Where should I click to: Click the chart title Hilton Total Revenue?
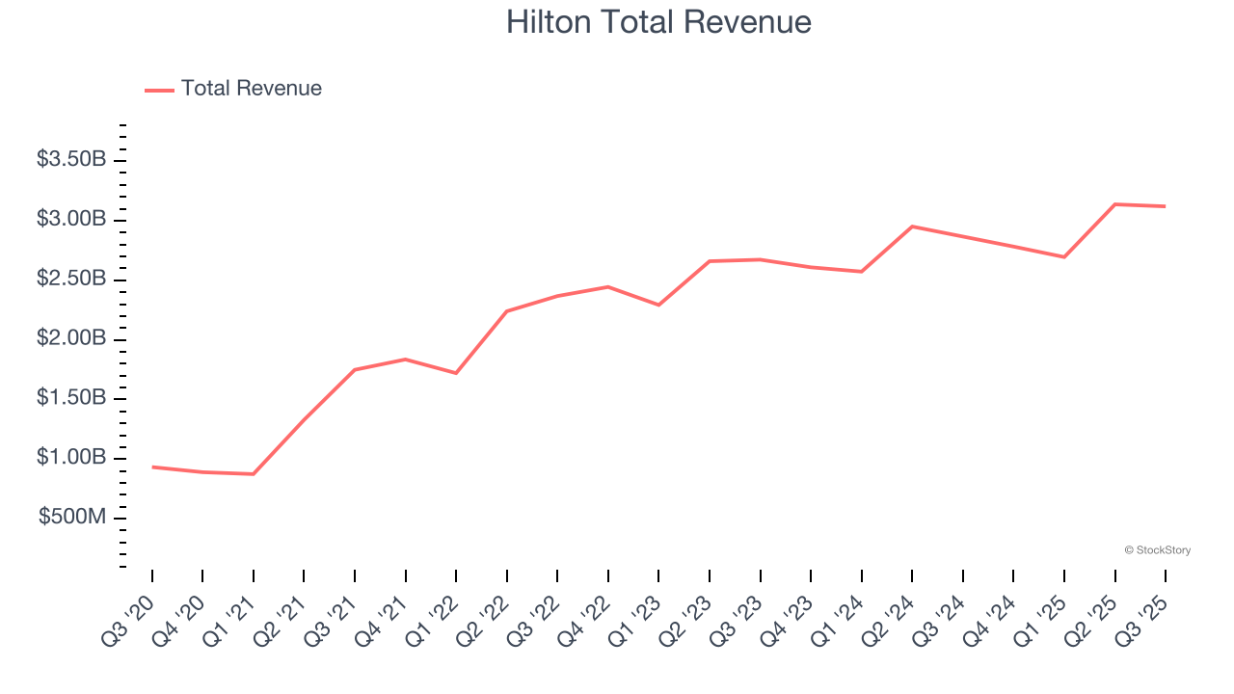click(658, 21)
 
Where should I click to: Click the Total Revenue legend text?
click(251, 89)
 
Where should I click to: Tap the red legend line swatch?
click(159, 90)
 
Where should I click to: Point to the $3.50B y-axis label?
click(71, 159)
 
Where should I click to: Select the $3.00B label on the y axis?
click(71, 219)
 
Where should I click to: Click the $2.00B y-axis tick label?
click(71, 338)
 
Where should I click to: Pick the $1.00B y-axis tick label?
click(71, 457)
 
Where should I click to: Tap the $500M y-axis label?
click(72, 517)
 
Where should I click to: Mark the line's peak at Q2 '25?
click(1115, 204)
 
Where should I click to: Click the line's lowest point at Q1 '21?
click(254, 474)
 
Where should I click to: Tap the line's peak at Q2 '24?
click(912, 227)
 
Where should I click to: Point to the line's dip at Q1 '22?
click(456, 373)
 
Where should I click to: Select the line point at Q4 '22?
click(608, 286)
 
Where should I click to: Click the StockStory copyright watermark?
click(1157, 550)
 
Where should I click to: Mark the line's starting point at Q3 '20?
click(152, 467)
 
